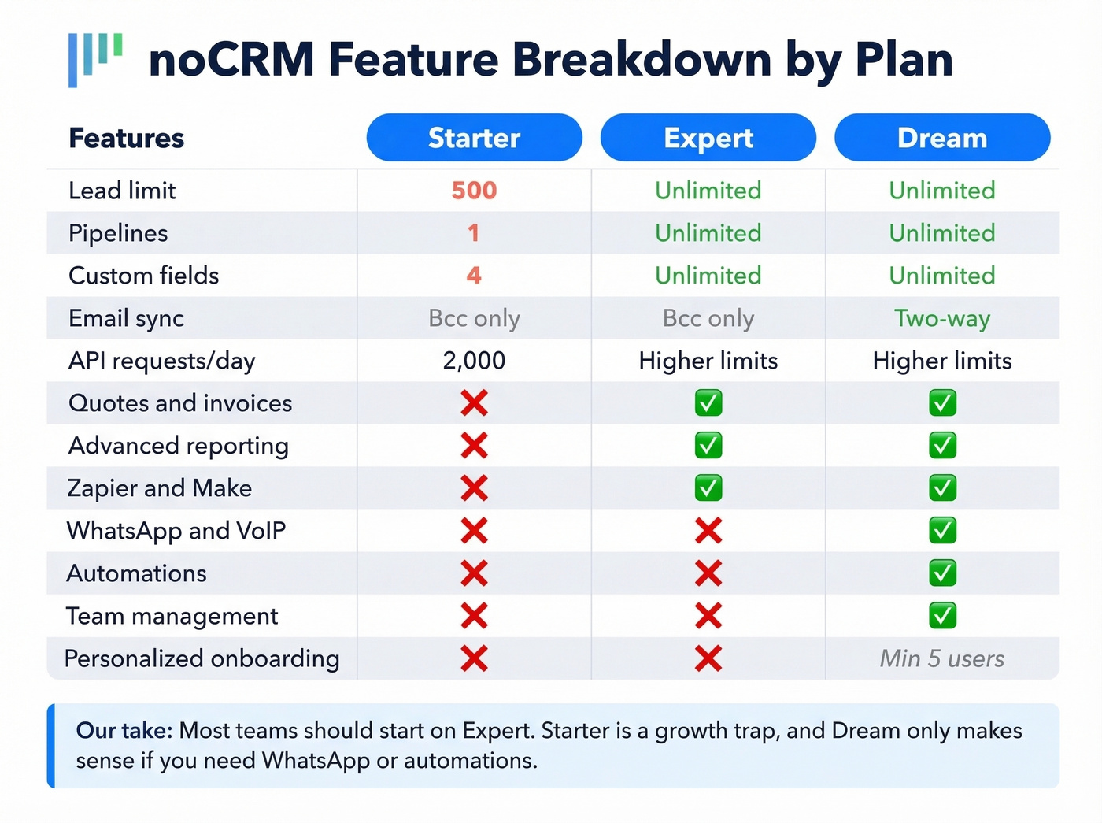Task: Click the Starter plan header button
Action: [474, 138]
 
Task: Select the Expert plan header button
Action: [708, 138]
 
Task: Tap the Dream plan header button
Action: [941, 138]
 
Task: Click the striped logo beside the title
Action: [94, 58]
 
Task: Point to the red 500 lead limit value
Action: [474, 191]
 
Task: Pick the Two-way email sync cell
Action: [941, 318]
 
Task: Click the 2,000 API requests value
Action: [474, 361]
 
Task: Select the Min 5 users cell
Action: [941, 658]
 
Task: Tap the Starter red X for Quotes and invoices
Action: [474, 403]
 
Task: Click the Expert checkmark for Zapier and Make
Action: [708, 488]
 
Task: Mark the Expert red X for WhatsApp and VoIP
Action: [708, 531]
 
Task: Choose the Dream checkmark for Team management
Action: [941, 616]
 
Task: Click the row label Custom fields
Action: [143, 276]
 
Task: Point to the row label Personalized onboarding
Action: [202, 658]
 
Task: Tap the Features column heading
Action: [126, 138]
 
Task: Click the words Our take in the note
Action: [124, 731]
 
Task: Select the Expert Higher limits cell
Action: [708, 361]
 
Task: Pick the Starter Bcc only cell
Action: [474, 318]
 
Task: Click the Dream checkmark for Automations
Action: [941, 573]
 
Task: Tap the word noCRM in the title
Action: [231, 60]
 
